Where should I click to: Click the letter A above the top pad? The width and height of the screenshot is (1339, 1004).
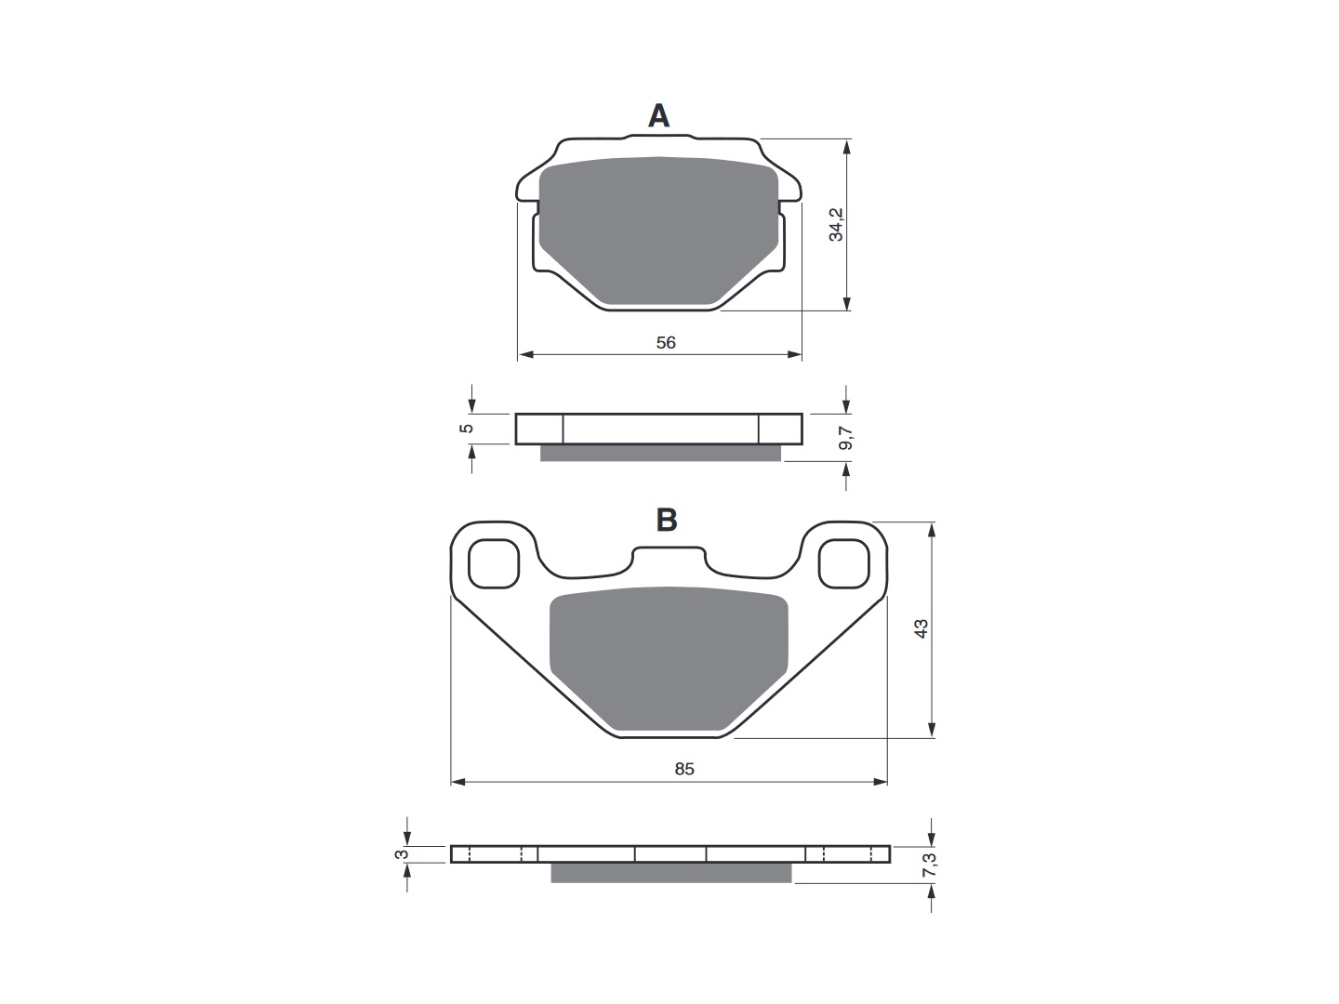point(658,116)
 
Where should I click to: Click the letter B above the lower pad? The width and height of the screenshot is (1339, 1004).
point(666,520)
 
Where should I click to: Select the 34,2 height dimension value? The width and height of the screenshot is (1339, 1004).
point(836,224)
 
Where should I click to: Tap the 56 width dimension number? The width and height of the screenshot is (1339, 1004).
point(666,343)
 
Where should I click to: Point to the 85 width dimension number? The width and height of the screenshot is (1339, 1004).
point(683,769)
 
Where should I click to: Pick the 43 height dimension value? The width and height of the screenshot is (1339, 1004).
point(921,628)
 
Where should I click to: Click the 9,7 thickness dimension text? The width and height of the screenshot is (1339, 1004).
point(846,438)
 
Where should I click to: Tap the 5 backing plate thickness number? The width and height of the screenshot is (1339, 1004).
point(466,428)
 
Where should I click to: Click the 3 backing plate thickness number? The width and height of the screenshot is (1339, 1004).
point(402,854)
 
